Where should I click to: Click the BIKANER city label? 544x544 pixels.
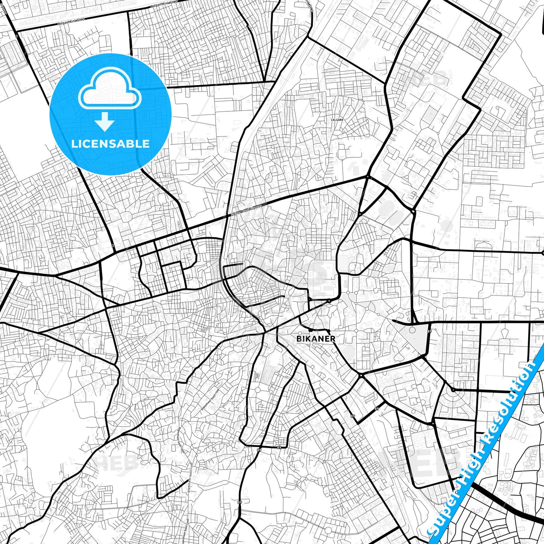315,338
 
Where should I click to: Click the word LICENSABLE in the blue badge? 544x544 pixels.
110,143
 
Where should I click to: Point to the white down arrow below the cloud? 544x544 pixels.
105,121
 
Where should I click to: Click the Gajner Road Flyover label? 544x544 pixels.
246,211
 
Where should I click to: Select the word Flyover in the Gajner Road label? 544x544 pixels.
256,207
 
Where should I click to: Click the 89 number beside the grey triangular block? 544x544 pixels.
430,331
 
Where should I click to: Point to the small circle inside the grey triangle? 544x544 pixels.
412,331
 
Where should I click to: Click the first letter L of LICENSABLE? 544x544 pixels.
73,143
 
